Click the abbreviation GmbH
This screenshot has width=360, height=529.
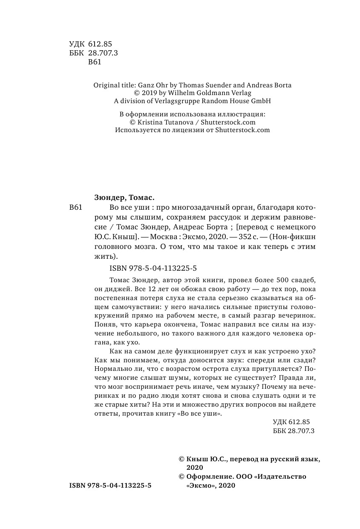[261, 101]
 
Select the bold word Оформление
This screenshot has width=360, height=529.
[207, 477]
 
